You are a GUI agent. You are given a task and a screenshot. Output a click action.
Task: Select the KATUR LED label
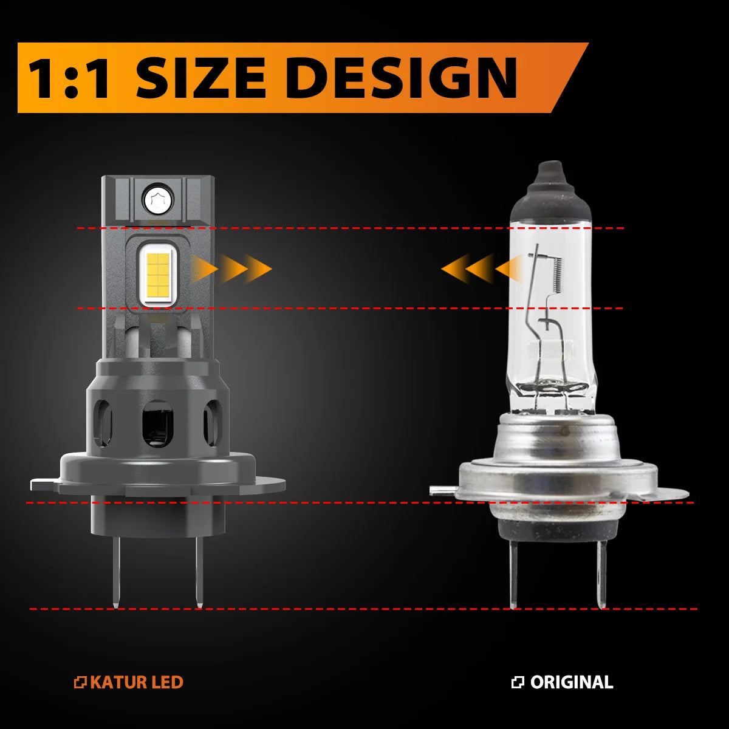136,682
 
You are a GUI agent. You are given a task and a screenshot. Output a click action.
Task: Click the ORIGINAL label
571,682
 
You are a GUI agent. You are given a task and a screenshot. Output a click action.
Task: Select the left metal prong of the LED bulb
116,571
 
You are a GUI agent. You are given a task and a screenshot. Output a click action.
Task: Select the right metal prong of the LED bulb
199,571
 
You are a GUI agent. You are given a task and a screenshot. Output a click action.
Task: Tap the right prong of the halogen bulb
601,574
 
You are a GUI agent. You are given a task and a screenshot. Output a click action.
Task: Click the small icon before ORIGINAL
518,682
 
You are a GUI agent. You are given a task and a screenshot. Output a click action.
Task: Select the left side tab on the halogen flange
442,490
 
